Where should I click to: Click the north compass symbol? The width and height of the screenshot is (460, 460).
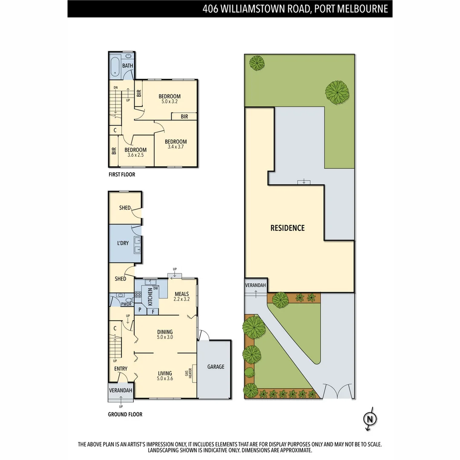(370, 419)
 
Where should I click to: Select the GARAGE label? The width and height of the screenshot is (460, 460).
(216, 367)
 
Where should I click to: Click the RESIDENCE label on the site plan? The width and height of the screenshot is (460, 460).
(287, 228)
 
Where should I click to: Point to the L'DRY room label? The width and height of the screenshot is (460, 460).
(123, 243)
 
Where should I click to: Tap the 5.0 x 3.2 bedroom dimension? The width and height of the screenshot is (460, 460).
(169, 102)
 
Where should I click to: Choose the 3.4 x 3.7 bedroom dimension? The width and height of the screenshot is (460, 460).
(175, 147)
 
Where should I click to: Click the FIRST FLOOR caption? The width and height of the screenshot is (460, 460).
(122, 175)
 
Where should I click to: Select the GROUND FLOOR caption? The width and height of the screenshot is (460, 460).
(125, 414)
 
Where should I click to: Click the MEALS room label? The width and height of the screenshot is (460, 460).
(181, 294)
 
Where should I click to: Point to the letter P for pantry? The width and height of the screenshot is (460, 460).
(140, 310)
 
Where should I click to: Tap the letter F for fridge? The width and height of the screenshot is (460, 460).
(153, 311)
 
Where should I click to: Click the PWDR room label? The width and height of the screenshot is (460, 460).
(126, 304)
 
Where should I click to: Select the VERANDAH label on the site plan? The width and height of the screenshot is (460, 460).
(256, 285)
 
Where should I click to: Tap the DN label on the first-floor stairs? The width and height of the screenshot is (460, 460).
(115, 88)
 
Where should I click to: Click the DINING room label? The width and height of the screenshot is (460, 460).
(165, 332)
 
